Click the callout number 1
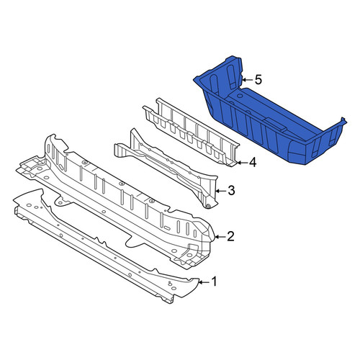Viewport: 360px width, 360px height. click(214, 282)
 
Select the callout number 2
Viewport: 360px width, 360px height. click(230, 236)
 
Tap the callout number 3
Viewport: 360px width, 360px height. click(231, 191)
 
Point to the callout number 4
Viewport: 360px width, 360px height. click(253, 163)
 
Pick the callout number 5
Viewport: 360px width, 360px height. click(258, 80)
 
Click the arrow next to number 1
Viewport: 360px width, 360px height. click(204, 282)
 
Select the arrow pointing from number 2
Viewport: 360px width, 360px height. click(220, 237)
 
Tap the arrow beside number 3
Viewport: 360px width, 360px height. click(220, 192)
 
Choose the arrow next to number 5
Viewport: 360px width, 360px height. click(247, 80)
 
